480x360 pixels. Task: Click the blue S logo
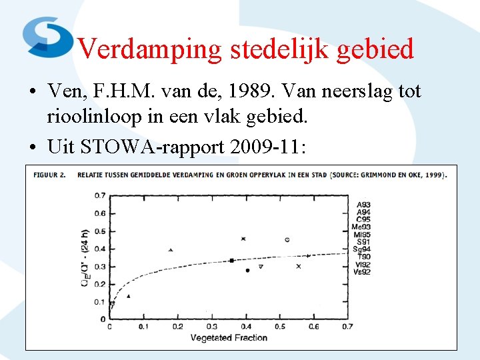pyautogui.click(x=47, y=36)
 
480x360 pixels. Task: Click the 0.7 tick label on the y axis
pyautogui.click(x=99, y=195)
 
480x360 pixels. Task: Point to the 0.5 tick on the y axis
pyautogui.click(x=99, y=231)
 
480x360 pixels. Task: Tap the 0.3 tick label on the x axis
pyautogui.click(x=211, y=327)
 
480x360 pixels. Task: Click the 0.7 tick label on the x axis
pyautogui.click(x=347, y=327)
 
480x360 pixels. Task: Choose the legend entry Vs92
pyautogui.click(x=362, y=271)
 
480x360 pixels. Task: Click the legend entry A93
pyautogui.click(x=363, y=205)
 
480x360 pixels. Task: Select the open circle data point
pyautogui.click(x=287, y=239)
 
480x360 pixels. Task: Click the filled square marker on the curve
pyautogui.click(x=231, y=260)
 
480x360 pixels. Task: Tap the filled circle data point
pyautogui.click(x=247, y=270)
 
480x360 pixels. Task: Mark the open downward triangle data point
pyautogui.click(x=261, y=267)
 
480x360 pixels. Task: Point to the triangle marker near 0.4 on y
pyautogui.click(x=171, y=250)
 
